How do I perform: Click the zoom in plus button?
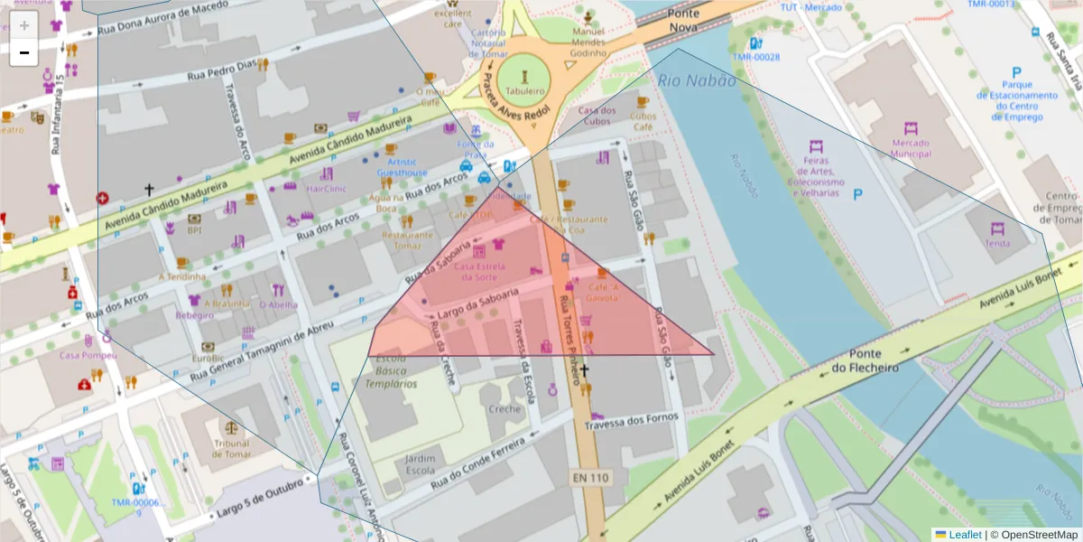[24, 25]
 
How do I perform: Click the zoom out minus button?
[24, 52]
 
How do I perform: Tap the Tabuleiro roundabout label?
[524, 91]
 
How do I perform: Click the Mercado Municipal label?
[910, 148]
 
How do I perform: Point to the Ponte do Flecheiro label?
[865, 361]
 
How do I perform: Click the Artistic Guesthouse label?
[402, 167]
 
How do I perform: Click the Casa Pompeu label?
[88, 355]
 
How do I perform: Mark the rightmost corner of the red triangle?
[714, 355]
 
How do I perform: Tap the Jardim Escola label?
[420, 464]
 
